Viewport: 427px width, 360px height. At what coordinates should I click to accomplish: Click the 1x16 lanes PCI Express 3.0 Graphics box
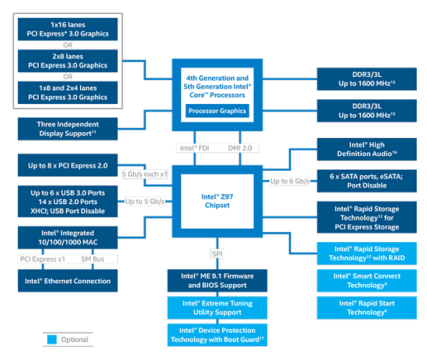68,29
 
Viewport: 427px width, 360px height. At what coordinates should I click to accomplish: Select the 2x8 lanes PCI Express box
68,61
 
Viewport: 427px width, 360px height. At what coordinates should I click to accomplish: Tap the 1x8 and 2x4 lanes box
68,92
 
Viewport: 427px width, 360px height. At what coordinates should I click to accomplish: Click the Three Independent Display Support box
68,129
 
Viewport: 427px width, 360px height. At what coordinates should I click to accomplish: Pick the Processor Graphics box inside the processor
217,111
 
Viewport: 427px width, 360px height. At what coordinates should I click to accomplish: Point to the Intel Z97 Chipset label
217,201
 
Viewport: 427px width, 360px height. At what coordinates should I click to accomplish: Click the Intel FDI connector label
194,148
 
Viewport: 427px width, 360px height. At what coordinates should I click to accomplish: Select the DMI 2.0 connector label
240,148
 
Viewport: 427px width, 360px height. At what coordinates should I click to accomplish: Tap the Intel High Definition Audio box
366,149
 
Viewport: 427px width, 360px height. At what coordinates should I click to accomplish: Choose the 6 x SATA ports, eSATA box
366,181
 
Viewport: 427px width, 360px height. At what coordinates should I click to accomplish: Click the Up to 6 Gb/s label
290,181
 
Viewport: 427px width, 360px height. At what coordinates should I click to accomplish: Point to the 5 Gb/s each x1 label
144,174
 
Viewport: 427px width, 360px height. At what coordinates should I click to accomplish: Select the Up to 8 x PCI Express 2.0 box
68,165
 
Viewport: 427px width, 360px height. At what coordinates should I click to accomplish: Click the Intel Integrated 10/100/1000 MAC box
68,237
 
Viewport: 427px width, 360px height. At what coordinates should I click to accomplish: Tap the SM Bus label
92,259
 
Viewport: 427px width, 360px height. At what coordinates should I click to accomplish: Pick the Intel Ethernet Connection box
68,281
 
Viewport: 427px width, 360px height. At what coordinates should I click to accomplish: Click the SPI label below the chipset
217,254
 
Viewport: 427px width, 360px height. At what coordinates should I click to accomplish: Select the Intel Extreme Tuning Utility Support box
217,308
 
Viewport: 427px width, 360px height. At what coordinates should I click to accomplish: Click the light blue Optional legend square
52,339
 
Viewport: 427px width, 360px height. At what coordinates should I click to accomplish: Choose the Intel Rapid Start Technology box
366,308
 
